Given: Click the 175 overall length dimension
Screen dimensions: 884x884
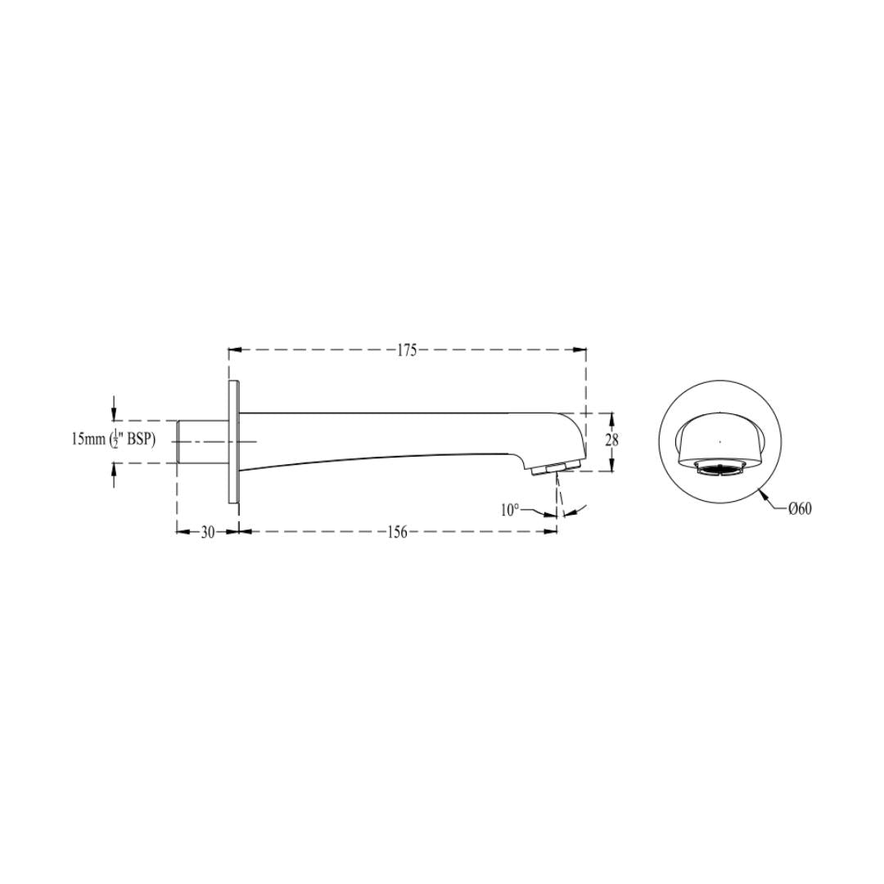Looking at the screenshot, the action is (x=407, y=350).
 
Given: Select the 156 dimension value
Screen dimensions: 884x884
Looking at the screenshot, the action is (x=397, y=532).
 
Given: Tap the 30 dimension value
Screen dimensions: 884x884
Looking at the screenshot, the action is (x=207, y=532).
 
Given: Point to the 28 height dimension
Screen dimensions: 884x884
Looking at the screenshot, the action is (x=611, y=440).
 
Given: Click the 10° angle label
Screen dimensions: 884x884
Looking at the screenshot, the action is (x=510, y=510).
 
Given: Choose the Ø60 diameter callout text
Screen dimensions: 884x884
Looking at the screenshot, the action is (x=800, y=508).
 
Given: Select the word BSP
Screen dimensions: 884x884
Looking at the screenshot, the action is (x=138, y=440).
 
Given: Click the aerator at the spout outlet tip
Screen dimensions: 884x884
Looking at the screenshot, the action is (x=555, y=468).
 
